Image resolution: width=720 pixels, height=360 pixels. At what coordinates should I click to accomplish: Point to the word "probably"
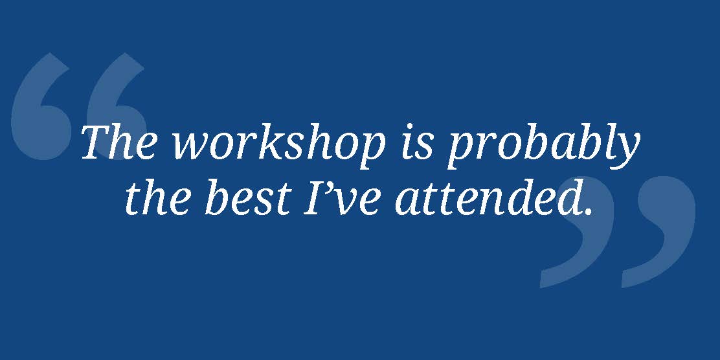point(543,144)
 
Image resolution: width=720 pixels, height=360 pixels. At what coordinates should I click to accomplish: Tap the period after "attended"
point(588,211)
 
